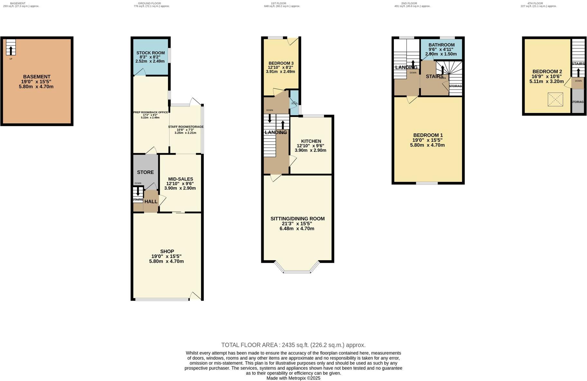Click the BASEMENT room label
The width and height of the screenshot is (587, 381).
37,77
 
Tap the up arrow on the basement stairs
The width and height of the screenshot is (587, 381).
11,50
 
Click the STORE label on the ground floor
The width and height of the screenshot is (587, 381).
145,172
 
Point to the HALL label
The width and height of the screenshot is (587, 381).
151,202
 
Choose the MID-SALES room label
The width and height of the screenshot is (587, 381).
181,179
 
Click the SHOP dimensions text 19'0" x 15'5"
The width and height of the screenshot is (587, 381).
166,256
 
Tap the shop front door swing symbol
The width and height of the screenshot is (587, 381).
195,296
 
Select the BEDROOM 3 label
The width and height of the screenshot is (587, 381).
281,63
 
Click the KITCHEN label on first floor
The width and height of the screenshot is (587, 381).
311,141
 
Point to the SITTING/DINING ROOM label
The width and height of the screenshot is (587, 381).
297,219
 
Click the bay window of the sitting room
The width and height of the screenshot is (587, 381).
297,271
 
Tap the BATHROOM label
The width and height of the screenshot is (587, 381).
441,45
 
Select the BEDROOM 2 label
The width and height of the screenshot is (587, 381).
547,71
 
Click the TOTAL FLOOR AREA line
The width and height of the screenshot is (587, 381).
293,345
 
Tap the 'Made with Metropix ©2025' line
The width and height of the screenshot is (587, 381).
293,378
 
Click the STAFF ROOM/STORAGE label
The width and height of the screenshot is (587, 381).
186,127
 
